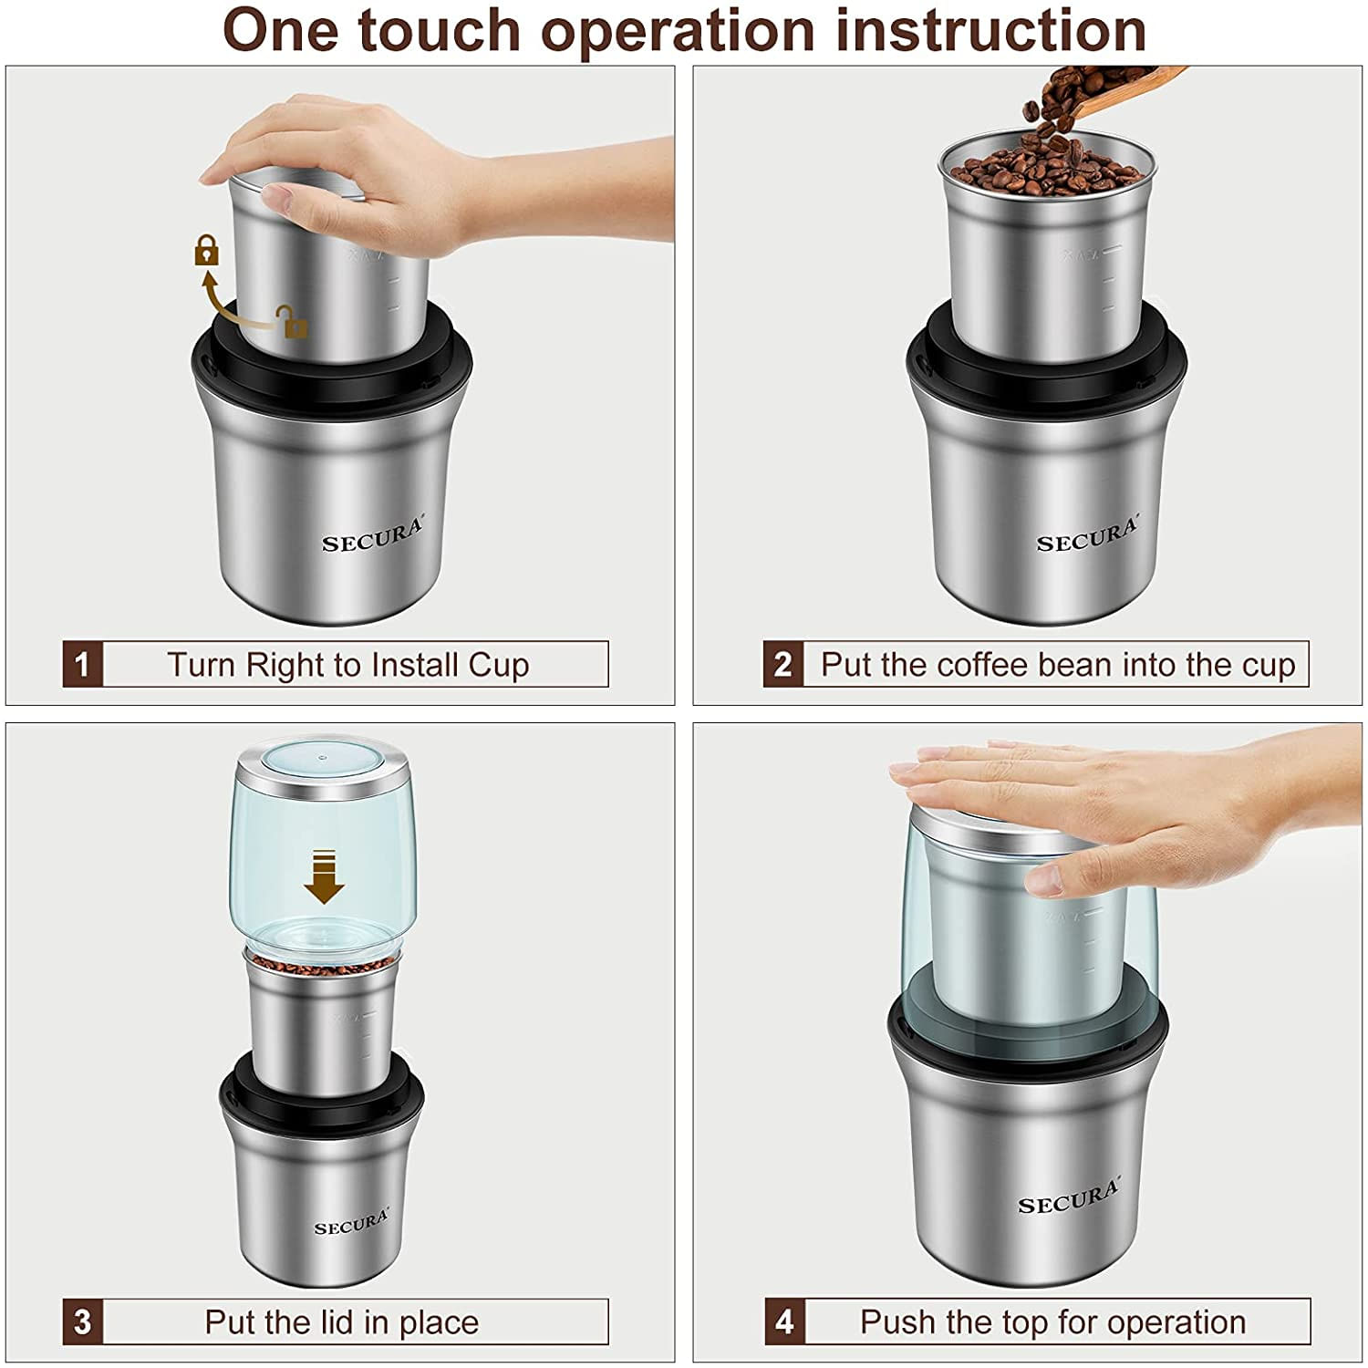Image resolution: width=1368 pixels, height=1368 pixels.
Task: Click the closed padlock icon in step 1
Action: click(x=207, y=250)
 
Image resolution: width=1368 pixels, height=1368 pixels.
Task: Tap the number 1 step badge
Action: click(x=82, y=664)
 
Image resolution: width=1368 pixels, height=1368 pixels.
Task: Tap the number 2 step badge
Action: click(x=782, y=664)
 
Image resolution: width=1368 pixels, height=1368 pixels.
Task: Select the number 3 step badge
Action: click(x=82, y=1321)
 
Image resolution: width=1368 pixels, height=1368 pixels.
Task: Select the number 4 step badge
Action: click(x=784, y=1321)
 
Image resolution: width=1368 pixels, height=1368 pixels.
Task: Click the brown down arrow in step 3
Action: click(x=324, y=876)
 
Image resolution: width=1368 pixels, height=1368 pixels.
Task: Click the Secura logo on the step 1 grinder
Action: click(x=372, y=537)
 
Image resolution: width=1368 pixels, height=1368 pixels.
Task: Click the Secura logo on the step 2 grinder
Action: click(x=1087, y=537)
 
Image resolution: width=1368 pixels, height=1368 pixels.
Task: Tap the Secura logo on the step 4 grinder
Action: click(x=1068, y=1197)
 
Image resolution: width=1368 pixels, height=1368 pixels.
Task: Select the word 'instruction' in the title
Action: click(x=990, y=31)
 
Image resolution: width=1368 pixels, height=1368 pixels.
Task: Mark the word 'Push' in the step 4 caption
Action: click(x=898, y=1322)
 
